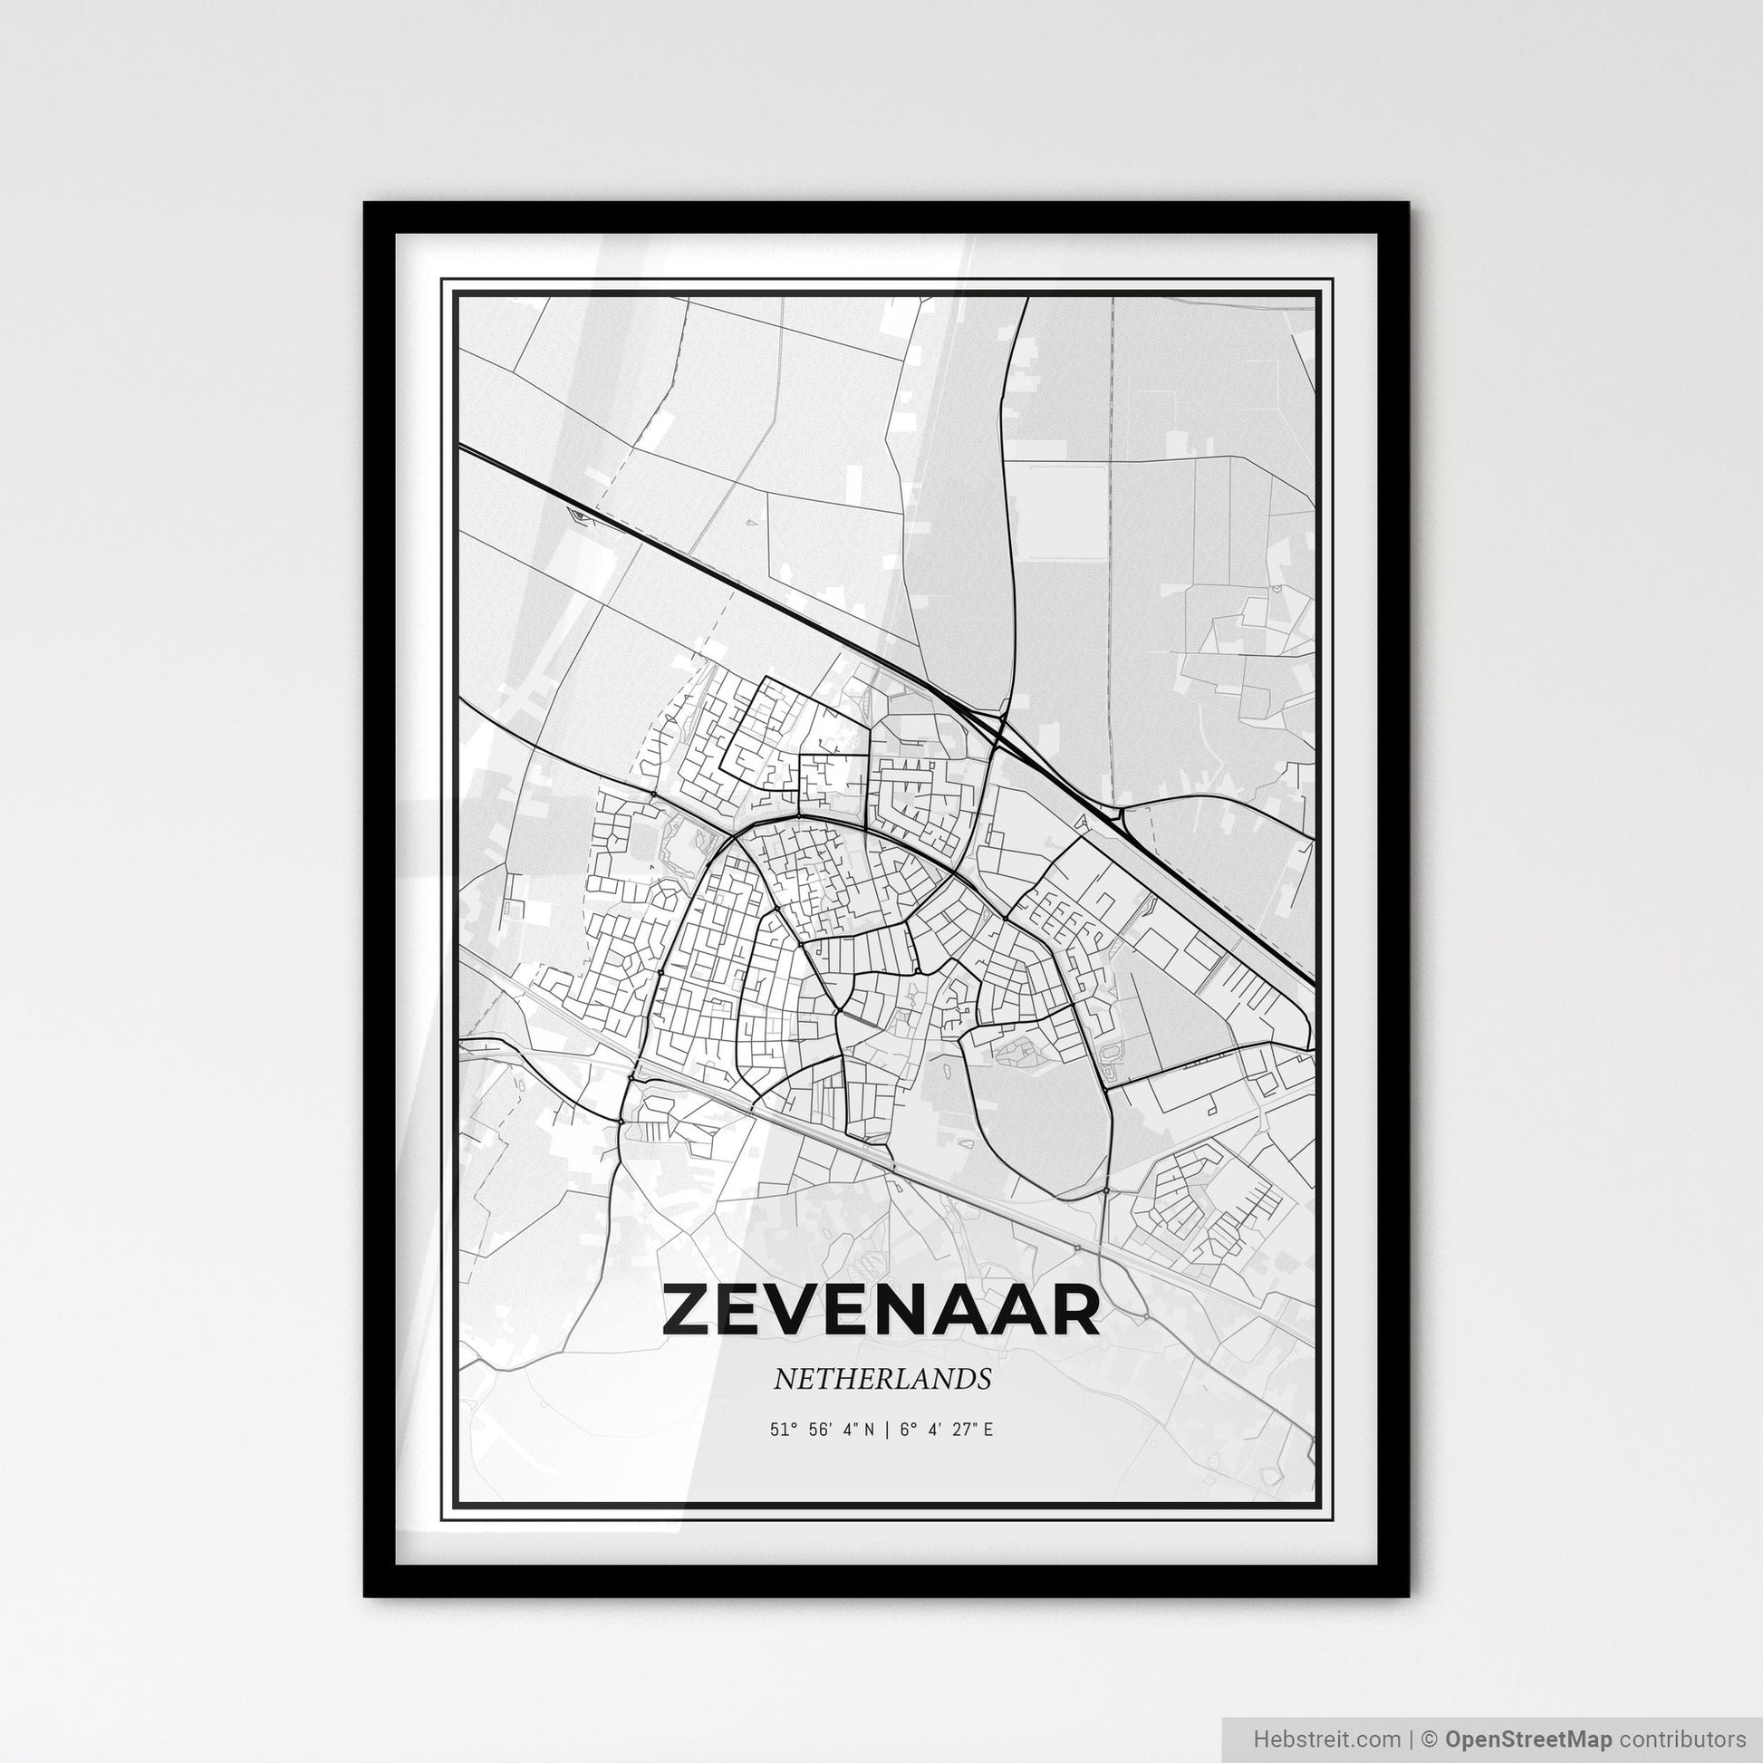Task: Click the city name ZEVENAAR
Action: pyautogui.click(x=881, y=1310)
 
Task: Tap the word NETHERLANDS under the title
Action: pyautogui.click(x=881, y=1380)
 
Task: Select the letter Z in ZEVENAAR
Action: pyautogui.click(x=688, y=1310)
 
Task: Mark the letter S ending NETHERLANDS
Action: pyautogui.click(x=984, y=1380)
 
